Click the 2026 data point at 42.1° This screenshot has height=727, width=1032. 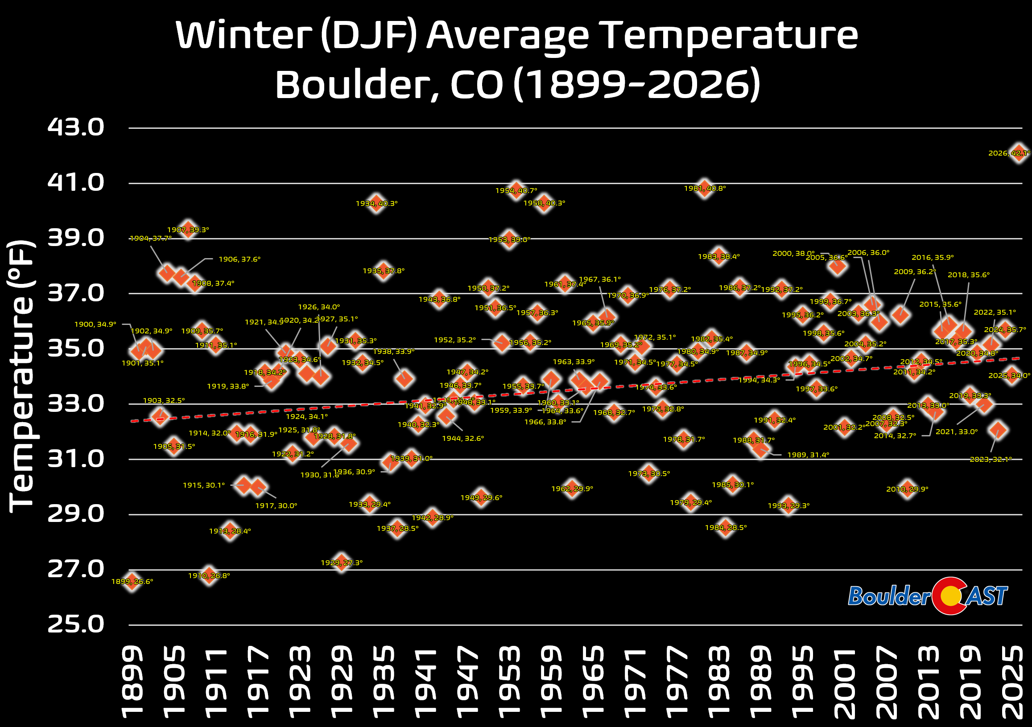click(x=1019, y=153)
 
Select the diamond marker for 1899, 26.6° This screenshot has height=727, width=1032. click(x=132, y=582)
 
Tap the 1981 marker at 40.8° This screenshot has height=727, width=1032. click(x=704, y=189)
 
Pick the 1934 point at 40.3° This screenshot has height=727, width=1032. click(x=376, y=203)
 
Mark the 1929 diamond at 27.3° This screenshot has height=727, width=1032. click(x=341, y=562)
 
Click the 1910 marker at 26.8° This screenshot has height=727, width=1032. click(x=209, y=575)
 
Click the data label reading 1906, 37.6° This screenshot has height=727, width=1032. click(x=239, y=259)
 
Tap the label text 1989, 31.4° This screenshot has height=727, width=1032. click(x=808, y=455)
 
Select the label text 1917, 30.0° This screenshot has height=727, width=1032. click(x=276, y=505)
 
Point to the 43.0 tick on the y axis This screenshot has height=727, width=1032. click(x=75, y=127)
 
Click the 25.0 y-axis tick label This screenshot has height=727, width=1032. click(x=75, y=624)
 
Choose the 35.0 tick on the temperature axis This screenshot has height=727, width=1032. click(x=75, y=348)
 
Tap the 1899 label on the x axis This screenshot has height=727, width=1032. click(x=132, y=681)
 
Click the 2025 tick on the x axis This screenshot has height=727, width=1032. click(x=1012, y=681)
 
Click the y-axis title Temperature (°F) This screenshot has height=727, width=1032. click(x=21, y=377)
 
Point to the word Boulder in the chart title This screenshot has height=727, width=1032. click(x=351, y=85)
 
